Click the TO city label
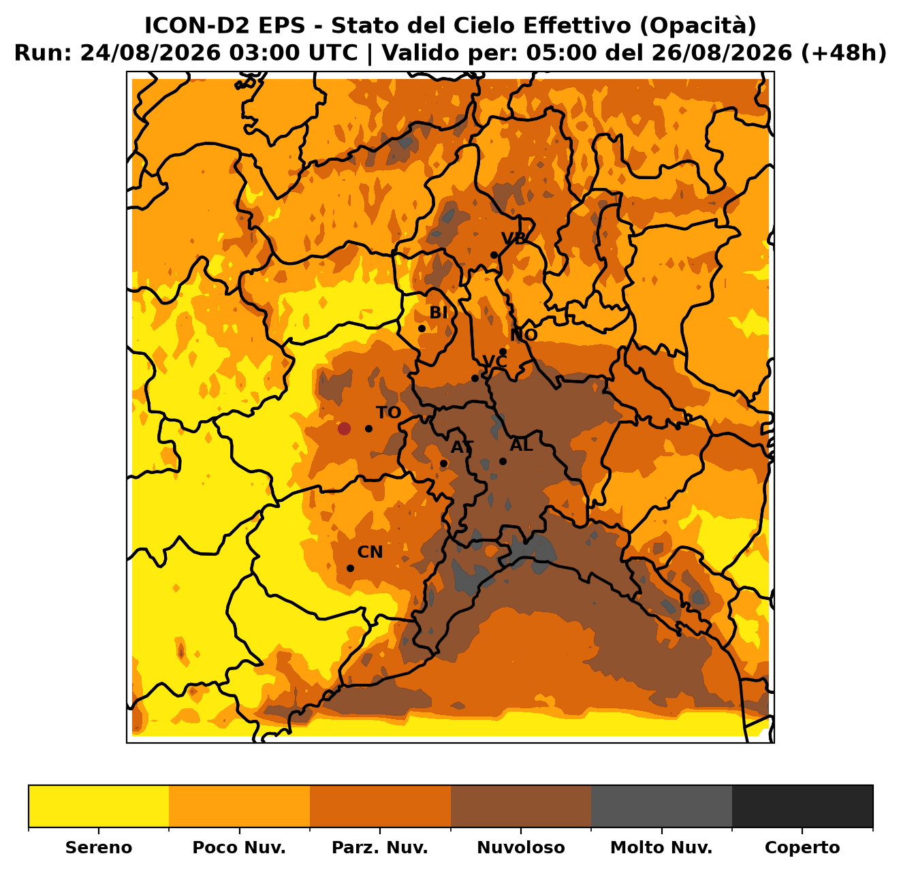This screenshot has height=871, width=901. (x=388, y=412)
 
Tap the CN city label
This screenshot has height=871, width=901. (x=370, y=552)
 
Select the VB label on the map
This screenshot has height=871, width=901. (x=513, y=238)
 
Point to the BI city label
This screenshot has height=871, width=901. (x=439, y=313)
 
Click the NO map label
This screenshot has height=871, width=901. (x=524, y=335)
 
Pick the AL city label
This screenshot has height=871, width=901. (x=522, y=445)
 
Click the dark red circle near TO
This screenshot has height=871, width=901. (x=344, y=429)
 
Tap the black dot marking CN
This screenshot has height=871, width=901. (x=351, y=568)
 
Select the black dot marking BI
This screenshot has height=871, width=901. (x=422, y=329)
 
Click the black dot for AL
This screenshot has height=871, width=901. (x=503, y=461)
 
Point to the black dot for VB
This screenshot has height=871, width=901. (x=494, y=255)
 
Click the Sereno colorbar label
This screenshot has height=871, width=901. (x=99, y=847)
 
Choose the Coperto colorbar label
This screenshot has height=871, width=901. (x=802, y=847)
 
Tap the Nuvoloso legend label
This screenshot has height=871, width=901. (x=521, y=847)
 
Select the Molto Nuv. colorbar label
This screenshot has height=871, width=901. (x=662, y=847)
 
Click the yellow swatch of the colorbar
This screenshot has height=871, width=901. (x=99, y=806)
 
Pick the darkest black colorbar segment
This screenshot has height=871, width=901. (x=802, y=806)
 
